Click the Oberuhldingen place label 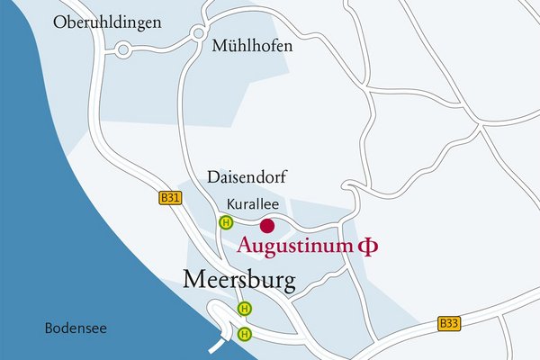pos(107,22)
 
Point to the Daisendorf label pos(246,177)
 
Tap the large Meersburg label pos(238,281)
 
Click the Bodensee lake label pos(76,328)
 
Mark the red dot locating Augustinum pos(266,226)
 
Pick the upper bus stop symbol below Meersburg pos(244,309)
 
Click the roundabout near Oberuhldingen pos(122,51)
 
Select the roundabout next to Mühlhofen pos(197,34)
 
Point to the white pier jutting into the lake pos(219,343)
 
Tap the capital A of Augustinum pos(244,245)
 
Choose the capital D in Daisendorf pos(211,177)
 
